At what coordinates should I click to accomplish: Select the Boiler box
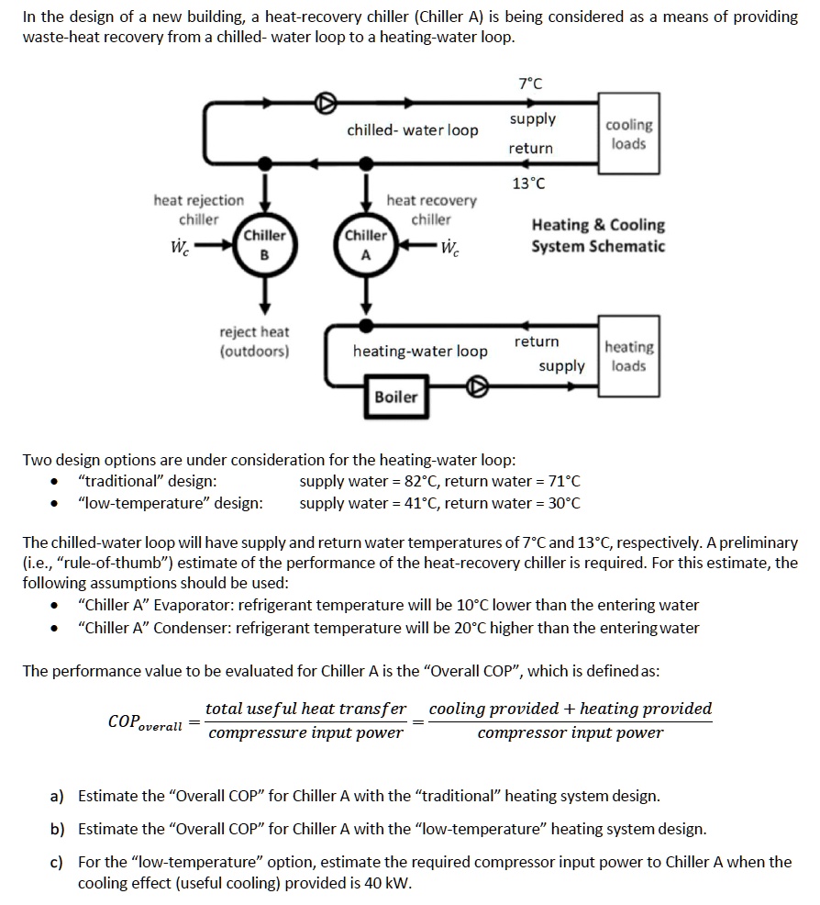(x=395, y=397)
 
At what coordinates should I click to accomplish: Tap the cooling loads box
(x=627, y=134)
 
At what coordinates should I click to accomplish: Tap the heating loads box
(x=628, y=356)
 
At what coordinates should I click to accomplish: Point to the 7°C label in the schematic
(x=529, y=84)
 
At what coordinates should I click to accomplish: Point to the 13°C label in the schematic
(x=528, y=184)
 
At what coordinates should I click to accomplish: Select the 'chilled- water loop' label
(x=412, y=130)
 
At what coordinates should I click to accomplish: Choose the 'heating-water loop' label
(x=420, y=352)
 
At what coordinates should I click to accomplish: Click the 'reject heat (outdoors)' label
(x=254, y=341)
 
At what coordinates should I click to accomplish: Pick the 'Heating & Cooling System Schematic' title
(x=598, y=235)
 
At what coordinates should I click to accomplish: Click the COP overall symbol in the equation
(x=145, y=722)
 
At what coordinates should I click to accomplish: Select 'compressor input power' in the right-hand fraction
(x=570, y=732)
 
